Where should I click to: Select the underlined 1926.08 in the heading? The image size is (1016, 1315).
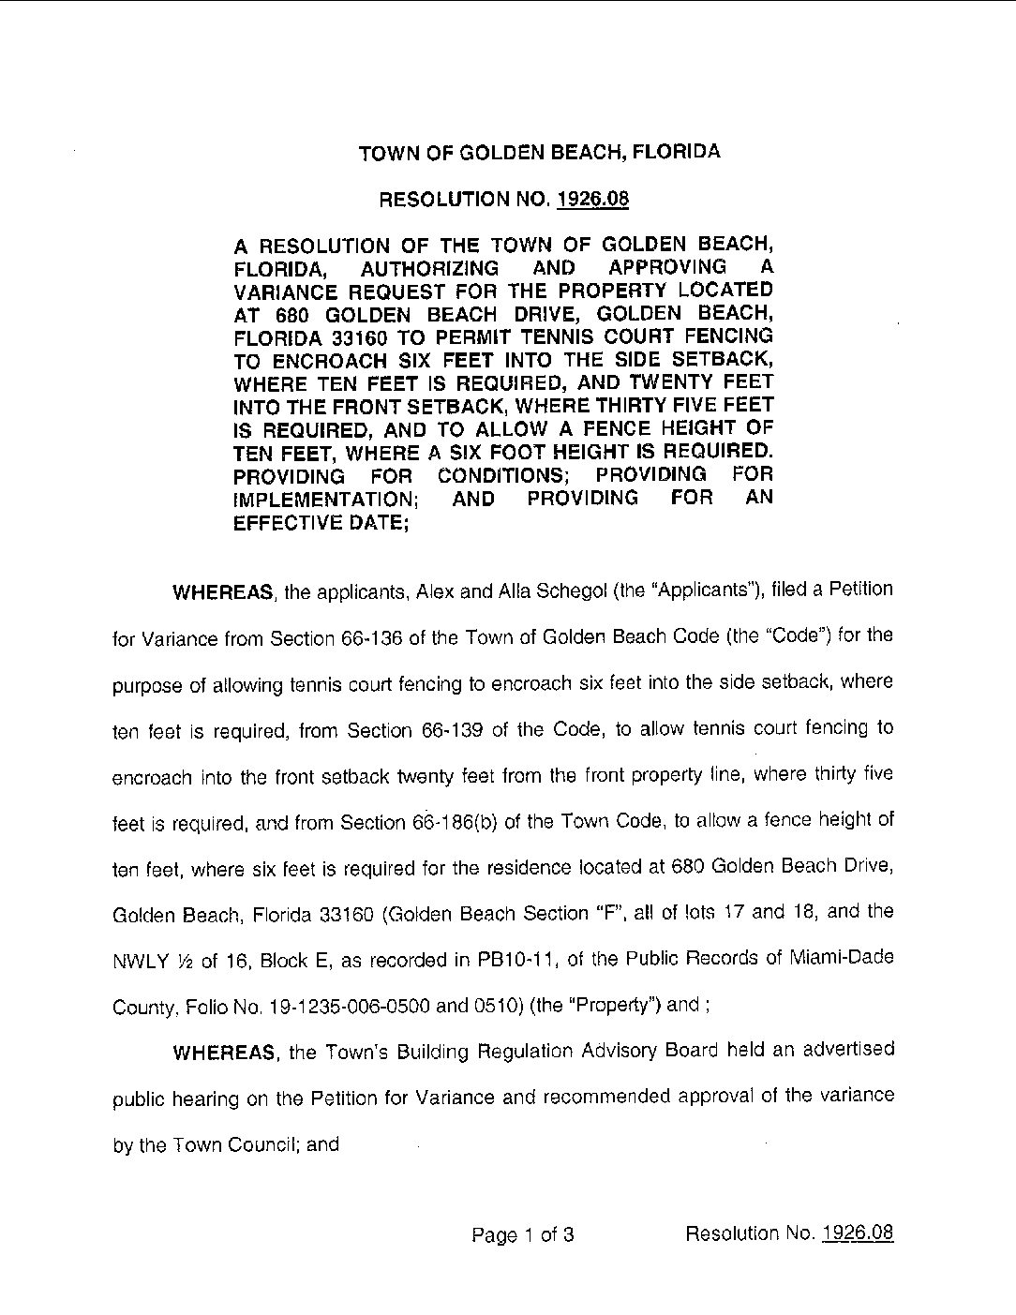click(x=592, y=199)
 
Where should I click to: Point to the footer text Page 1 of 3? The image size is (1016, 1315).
click(x=523, y=1234)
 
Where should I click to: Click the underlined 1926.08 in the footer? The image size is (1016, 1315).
click(x=858, y=1233)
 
